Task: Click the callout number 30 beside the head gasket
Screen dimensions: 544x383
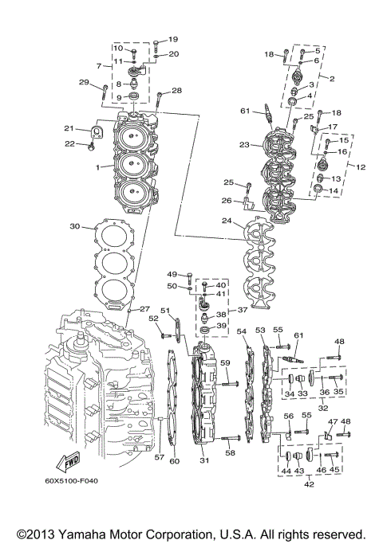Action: (74, 226)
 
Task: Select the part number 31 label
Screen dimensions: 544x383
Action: (204, 460)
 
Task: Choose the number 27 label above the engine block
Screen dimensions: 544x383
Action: (144, 308)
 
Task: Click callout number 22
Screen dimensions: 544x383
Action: (69, 143)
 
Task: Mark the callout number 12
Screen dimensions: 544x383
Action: (361, 167)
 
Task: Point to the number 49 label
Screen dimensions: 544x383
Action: (172, 275)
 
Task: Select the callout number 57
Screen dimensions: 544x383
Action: (158, 458)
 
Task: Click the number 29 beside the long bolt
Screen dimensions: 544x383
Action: (83, 83)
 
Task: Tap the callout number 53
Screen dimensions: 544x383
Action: (260, 329)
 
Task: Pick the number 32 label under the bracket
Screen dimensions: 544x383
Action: (323, 407)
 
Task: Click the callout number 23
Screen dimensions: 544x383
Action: (244, 145)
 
